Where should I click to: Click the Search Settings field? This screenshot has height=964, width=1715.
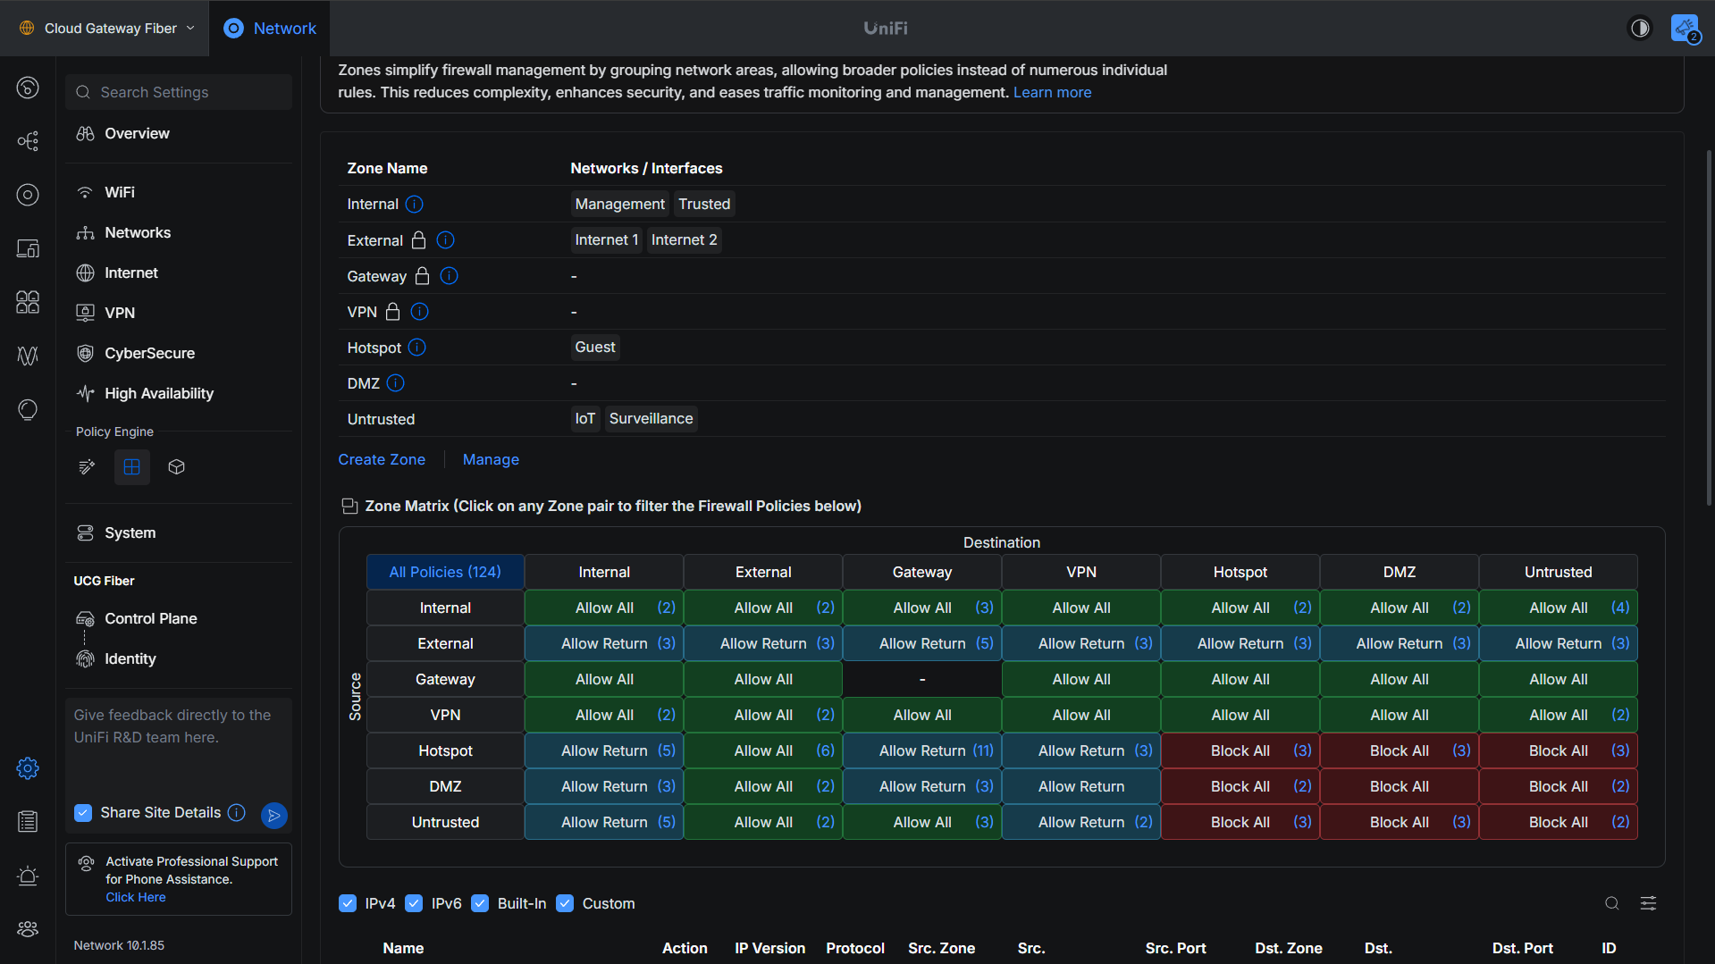point(179,92)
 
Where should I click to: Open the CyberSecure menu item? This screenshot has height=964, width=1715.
point(149,353)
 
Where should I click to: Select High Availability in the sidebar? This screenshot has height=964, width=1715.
point(158,393)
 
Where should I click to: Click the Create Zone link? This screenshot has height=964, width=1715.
point(382,459)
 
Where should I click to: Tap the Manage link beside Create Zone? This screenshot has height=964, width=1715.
point(491,459)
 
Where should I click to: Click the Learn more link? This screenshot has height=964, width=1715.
point(1052,92)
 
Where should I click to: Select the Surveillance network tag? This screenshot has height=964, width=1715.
point(651,418)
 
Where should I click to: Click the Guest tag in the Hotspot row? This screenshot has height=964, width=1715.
point(595,347)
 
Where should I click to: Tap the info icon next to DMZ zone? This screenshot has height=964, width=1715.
point(396,383)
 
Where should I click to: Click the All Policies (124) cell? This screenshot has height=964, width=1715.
point(445,572)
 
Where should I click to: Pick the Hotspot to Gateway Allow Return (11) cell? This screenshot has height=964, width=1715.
point(922,750)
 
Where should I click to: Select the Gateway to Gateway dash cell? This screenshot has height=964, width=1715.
point(922,679)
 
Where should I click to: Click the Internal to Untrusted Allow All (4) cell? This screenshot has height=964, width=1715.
point(1559,608)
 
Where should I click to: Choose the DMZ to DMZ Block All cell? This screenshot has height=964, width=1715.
point(1400,786)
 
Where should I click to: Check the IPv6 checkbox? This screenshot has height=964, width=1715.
point(414,903)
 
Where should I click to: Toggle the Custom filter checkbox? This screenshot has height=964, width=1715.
point(565,903)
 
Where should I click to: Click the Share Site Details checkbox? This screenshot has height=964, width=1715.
point(83,812)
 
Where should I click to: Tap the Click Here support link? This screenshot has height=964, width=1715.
point(136,897)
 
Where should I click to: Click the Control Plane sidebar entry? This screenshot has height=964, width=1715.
point(150,618)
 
